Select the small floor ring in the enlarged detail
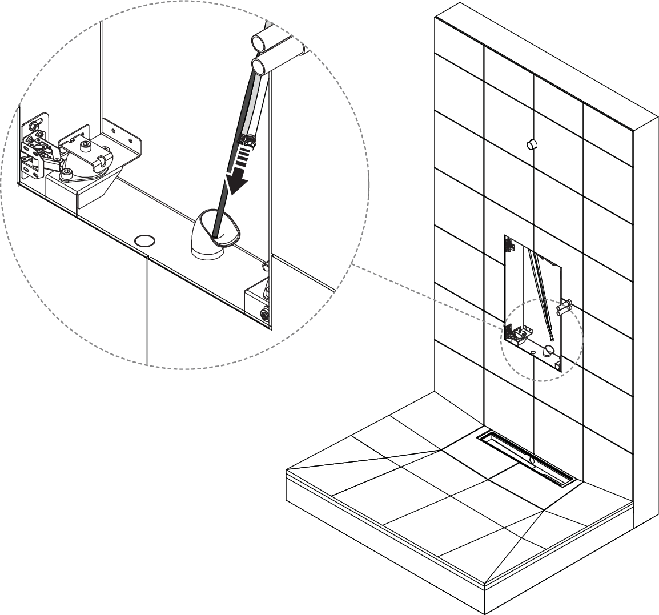pos(144,240)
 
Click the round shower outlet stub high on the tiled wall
pos(531,143)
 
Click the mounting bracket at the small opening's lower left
pos(517,334)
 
